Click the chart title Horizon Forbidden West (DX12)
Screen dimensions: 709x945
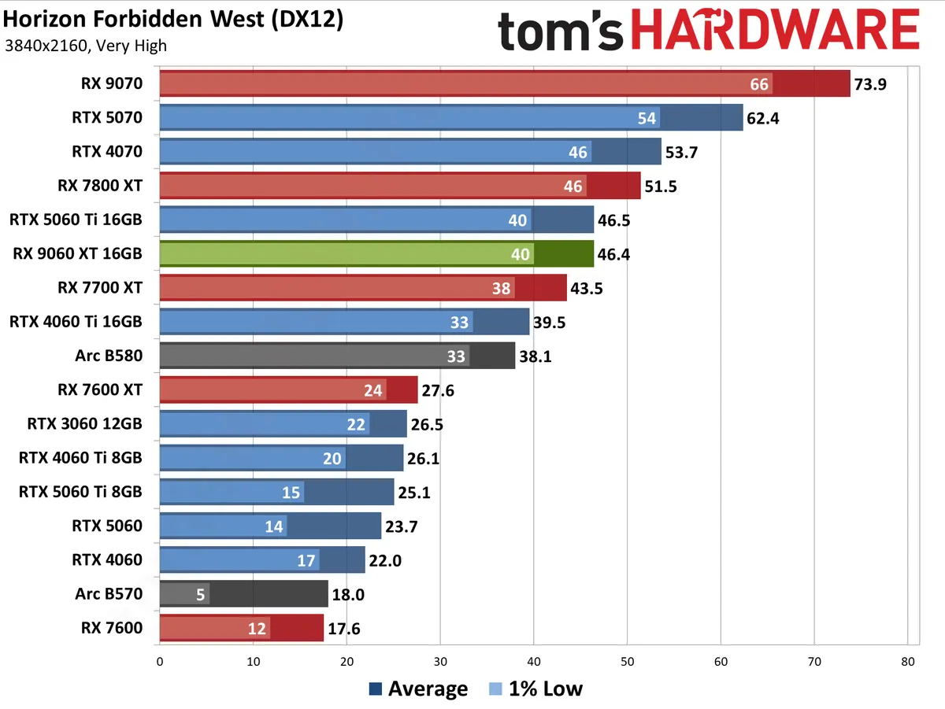point(173,20)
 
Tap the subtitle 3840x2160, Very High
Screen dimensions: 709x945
point(85,46)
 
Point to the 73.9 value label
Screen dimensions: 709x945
point(870,84)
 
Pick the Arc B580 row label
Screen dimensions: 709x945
point(110,356)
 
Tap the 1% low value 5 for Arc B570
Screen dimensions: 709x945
point(201,594)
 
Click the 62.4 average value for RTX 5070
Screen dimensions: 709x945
point(764,118)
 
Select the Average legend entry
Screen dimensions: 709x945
point(418,689)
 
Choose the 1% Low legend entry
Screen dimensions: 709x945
point(535,689)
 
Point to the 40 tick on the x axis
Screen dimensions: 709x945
point(534,662)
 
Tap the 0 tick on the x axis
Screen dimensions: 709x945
point(160,662)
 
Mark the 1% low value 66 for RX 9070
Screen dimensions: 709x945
point(759,84)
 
